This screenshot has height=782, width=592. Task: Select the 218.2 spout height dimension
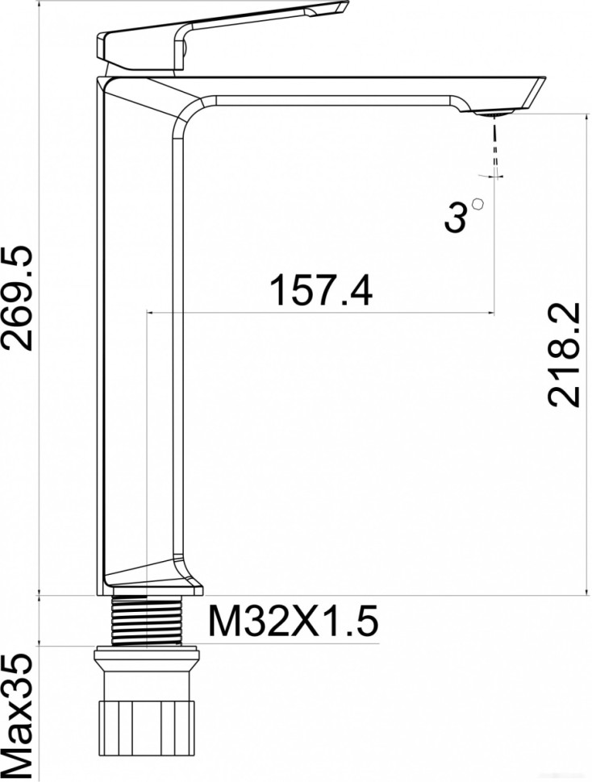562,356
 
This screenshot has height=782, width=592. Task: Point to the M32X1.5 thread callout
293,622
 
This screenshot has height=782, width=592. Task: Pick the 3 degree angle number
457,218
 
